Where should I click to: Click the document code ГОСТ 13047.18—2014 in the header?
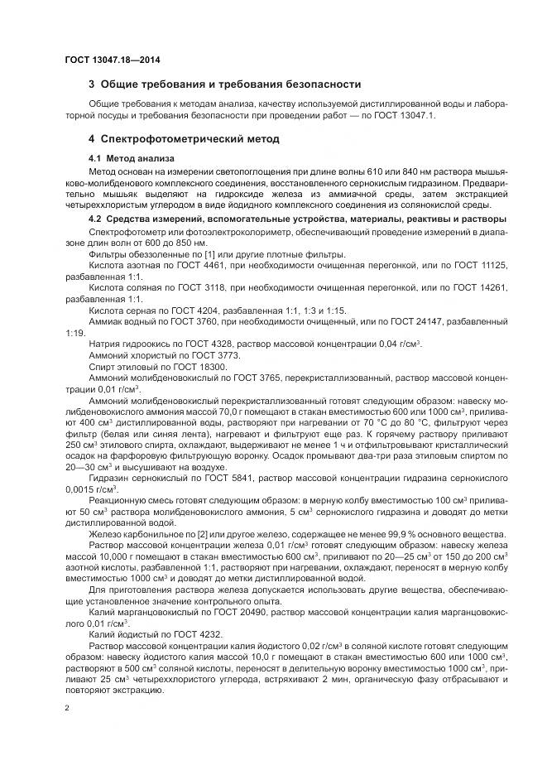[x=112, y=60]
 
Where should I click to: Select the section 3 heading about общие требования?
[x=224, y=84]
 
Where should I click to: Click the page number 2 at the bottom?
[x=67, y=708]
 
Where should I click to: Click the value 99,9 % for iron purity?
[x=381, y=534]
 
